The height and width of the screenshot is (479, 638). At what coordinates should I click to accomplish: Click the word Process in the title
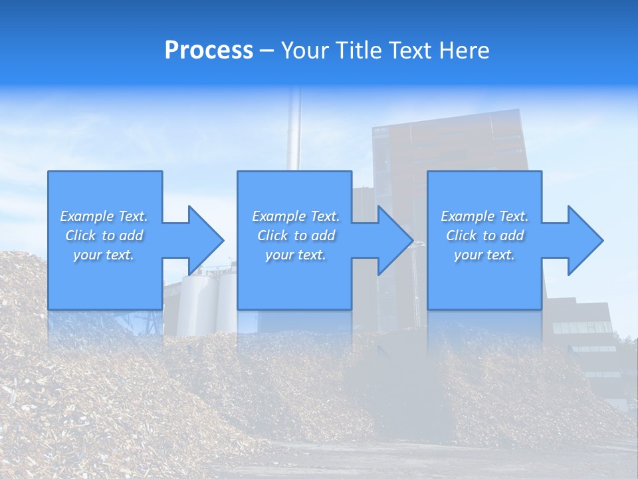209,50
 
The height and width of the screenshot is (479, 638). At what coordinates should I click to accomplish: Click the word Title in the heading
359,50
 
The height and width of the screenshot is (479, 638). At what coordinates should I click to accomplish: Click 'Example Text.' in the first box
104,216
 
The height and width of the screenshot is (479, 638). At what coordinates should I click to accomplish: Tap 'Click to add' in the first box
104,236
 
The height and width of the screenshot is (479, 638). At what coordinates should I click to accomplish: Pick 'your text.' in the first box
104,255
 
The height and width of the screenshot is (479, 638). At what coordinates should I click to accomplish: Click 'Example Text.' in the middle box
296,216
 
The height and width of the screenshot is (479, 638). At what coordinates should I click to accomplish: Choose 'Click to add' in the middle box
296,236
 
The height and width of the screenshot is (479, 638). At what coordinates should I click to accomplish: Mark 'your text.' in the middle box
296,255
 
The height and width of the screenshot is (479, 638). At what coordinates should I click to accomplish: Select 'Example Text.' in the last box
484,216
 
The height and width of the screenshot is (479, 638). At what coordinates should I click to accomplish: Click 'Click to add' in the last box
484,236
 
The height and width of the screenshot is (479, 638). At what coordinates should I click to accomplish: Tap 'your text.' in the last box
484,255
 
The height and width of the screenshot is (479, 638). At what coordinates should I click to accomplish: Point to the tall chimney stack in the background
293,133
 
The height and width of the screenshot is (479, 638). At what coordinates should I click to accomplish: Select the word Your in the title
304,50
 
